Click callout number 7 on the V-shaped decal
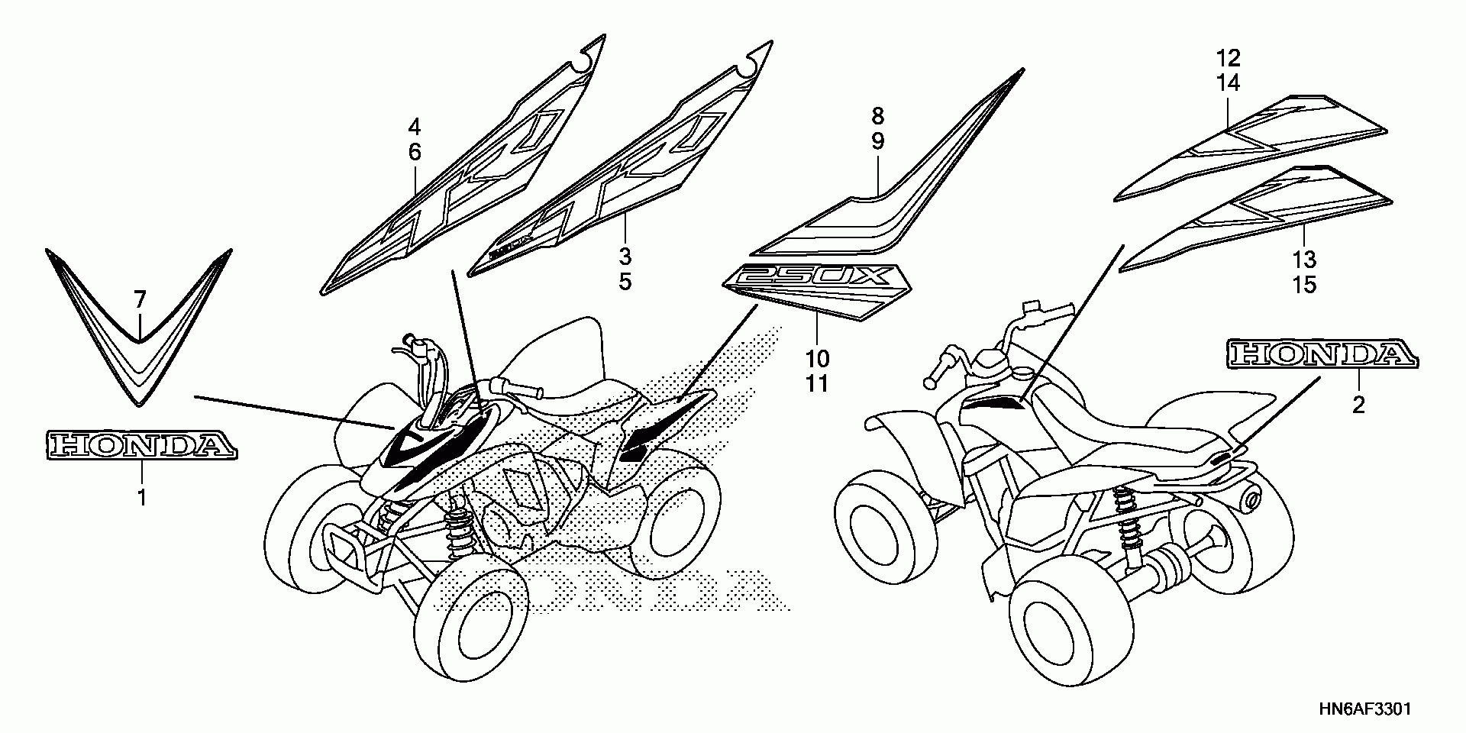point(139,300)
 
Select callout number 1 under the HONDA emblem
point(141,498)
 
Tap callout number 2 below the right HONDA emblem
point(1358,405)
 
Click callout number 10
point(817,358)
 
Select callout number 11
point(817,383)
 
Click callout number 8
point(877,116)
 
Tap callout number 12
point(1229,57)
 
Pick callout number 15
point(1304,285)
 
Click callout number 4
point(415,126)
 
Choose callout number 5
point(625,282)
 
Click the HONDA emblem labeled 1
point(141,444)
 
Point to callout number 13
point(1304,259)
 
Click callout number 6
point(415,152)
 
